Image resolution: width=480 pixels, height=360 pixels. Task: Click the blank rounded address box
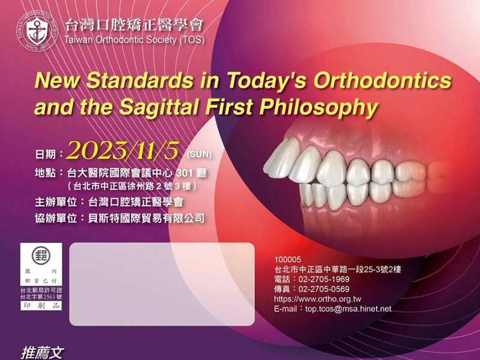pyautogui.click(x=162, y=284)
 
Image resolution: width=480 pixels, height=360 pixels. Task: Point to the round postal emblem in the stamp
pyautogui.click(x=41, y=254)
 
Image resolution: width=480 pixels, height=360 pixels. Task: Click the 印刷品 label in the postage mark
pyautogui.click(x=41, y=305)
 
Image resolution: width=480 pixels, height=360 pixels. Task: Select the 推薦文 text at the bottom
pyautogui.click(x=42, y=353)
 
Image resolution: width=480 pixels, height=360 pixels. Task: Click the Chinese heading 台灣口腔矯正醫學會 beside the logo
pyautogui.click(x=133, y=25)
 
